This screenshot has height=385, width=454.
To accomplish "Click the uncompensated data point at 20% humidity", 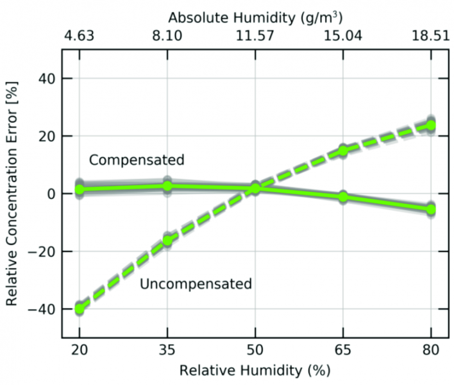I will coord(80,309).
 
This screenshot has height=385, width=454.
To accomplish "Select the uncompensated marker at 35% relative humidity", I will coord(167,241).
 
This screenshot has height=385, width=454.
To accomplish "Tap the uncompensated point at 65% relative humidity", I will coord(343,151).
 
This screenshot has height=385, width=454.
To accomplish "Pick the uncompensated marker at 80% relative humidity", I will coord(431,125).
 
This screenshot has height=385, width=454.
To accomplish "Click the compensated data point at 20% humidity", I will coord(80,189).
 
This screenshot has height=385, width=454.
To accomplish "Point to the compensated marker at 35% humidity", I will coord(167,186).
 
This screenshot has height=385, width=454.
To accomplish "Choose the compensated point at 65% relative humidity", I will coord(343,197).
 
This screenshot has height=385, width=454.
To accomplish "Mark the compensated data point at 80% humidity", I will coord(431,209).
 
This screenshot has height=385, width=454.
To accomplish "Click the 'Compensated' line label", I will coord(137,160).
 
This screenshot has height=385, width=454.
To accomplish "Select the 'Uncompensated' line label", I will coord(196,284).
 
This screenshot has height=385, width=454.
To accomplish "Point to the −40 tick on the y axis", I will coord(40,309).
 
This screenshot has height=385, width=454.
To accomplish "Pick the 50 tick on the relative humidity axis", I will coord(255,352).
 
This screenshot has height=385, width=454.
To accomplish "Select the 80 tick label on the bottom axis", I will coord(431,352).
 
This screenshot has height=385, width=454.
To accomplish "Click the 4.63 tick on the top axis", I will coord(80,37).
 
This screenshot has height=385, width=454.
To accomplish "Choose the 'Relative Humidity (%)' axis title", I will coord(255,371).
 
